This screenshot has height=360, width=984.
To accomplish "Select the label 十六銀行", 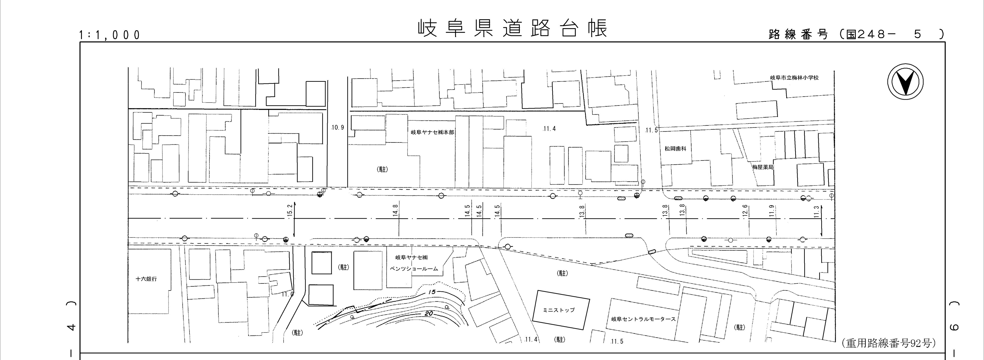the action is tap(146, 279).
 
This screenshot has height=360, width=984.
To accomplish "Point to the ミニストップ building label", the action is tap(559, 310).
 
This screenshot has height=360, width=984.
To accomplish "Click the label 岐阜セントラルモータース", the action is tap(643, 319).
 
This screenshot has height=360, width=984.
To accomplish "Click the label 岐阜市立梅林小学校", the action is tap(794, 78).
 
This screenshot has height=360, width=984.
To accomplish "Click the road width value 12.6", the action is tap(745, 211).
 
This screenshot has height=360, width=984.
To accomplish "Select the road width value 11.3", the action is tap(816, 212).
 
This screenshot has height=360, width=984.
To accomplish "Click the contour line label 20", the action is tap(428, 313).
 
